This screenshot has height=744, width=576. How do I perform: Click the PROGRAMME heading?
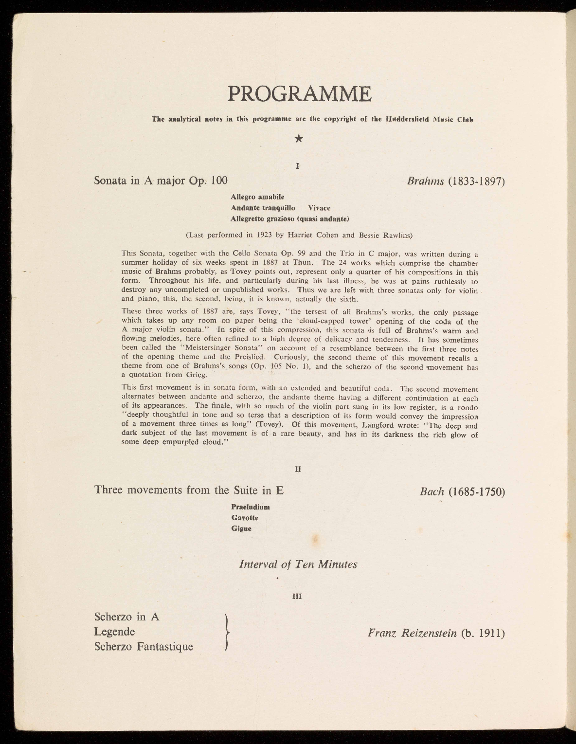pyautogui.click(x=299, y=94)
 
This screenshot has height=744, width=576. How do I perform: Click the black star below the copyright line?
pyautogui.click(x=299, y=139)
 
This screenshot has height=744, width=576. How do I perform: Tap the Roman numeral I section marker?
pyautogui.click(x=297, y=165)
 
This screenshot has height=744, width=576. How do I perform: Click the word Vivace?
pyautogui.click(x=319, y=208)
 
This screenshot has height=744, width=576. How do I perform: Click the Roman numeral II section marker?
pyautogui.click(x=298, y=470)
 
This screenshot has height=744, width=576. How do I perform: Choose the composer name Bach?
pyautogui.click(x=432, y=491)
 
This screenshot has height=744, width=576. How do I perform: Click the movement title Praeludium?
pyautogui.click(x=251, y=507)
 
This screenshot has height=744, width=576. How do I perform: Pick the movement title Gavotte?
pyautogui.click(x=245, y=517)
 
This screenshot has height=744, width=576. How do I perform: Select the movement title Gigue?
pyautogui.click(x=241, y=528)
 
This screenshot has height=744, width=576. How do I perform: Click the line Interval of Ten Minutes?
pyautogui.click(x=298, y=564)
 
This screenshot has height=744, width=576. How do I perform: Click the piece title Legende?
pyautogui.click(x=114, y=632)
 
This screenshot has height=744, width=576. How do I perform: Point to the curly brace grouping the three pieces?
pyautogui.click(x=226, y=632)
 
